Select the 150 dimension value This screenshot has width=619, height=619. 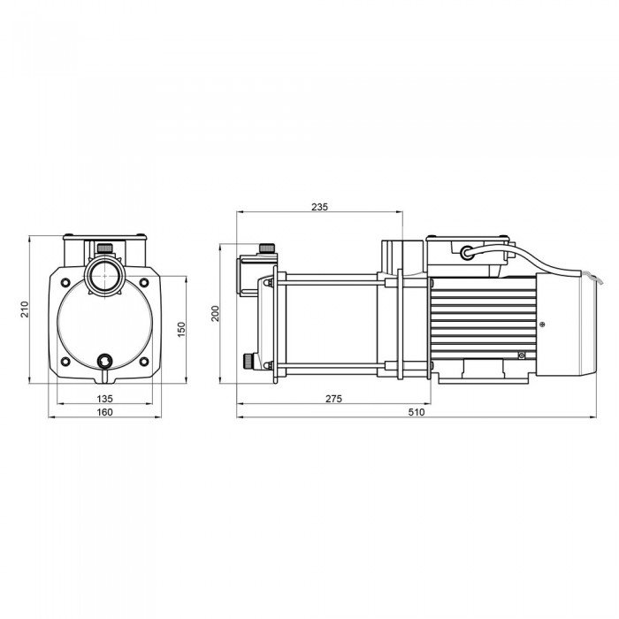[x=181, y=328]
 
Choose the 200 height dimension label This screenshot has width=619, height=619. [x=215, y=314]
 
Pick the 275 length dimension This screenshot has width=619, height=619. [x=333, y=399]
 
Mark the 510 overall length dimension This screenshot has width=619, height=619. [x=416, y=412]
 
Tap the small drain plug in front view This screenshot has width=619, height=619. [x=105, y=361]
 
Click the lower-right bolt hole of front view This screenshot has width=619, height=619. [x=143, y=361]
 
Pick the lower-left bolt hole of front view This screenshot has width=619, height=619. [x=66, y=361]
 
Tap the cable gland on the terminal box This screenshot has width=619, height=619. [x=465, y=253]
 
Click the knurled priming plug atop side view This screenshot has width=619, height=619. [x=264, y=247]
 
